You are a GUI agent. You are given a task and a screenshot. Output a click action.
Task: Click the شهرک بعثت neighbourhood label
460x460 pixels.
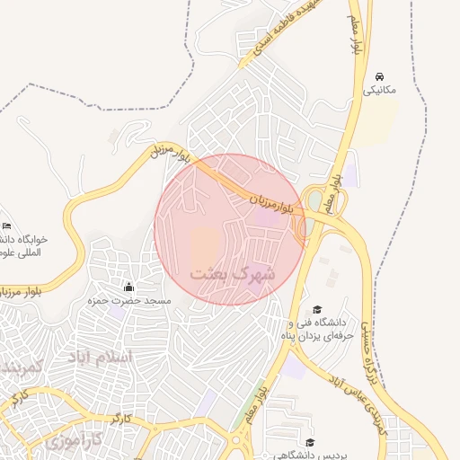[232, 273]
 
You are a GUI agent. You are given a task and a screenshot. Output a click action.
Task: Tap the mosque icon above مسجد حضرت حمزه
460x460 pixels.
[128, 287]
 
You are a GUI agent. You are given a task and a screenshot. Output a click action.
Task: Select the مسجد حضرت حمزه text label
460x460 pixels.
[128, 301]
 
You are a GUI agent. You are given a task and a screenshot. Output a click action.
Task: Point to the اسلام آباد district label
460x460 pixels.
[100, 358]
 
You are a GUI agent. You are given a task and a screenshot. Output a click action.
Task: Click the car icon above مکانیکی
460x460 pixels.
[380, 75]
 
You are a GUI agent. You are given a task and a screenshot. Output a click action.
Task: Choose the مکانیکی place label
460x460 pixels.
[380, 90]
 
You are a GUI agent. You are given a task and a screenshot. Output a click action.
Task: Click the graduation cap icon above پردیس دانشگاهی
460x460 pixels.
[310, 441]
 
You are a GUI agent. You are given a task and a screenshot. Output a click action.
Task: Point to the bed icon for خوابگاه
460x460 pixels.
[7, 225]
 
